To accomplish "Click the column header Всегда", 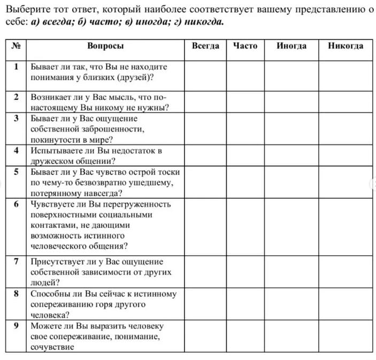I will (205, 46).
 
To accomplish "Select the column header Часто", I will (245, 46).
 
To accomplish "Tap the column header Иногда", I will (291, 46).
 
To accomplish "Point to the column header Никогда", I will (346, 46).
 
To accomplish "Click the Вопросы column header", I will (105, 46).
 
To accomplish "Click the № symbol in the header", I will (17, 46).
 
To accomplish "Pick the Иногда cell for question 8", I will (291, 304).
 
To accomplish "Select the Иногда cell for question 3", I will (291, 129).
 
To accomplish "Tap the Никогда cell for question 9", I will (346, 336).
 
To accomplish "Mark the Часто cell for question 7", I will (245, 272).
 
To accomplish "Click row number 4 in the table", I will (17, 150).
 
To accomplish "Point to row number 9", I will (17, 325).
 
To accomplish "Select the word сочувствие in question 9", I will (52, 347).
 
